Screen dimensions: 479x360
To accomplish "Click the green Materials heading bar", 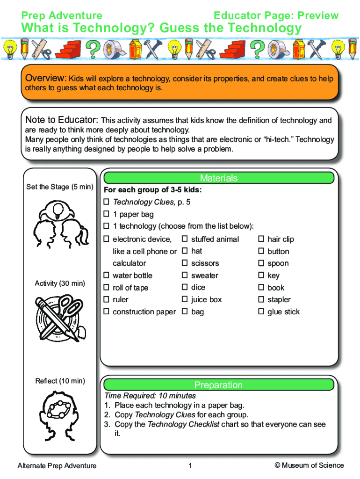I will point(218,178).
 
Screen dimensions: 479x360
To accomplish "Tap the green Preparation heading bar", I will point(218,385).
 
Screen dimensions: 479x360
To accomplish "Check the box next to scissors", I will point(185,263).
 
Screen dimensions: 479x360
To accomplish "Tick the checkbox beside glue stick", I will point(261,312).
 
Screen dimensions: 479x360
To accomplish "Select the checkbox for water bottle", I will point(107,275).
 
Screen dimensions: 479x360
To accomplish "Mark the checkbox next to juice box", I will point(185,299).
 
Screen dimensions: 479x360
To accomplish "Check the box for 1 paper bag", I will point(107,214).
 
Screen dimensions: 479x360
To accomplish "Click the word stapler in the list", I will point(279,299).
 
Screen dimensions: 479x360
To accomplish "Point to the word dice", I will point(198,287).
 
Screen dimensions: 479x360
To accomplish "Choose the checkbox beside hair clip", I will point(261,239).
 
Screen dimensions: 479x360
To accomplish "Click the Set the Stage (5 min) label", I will point(60,187).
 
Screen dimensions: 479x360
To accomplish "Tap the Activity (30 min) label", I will point(60,283).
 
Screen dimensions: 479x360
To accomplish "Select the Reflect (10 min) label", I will point(60,381).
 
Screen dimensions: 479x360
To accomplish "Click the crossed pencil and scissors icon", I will point(59,316).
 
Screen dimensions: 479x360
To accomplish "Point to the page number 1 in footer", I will point(190,465).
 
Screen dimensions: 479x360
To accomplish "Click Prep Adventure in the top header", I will point(62,15).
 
